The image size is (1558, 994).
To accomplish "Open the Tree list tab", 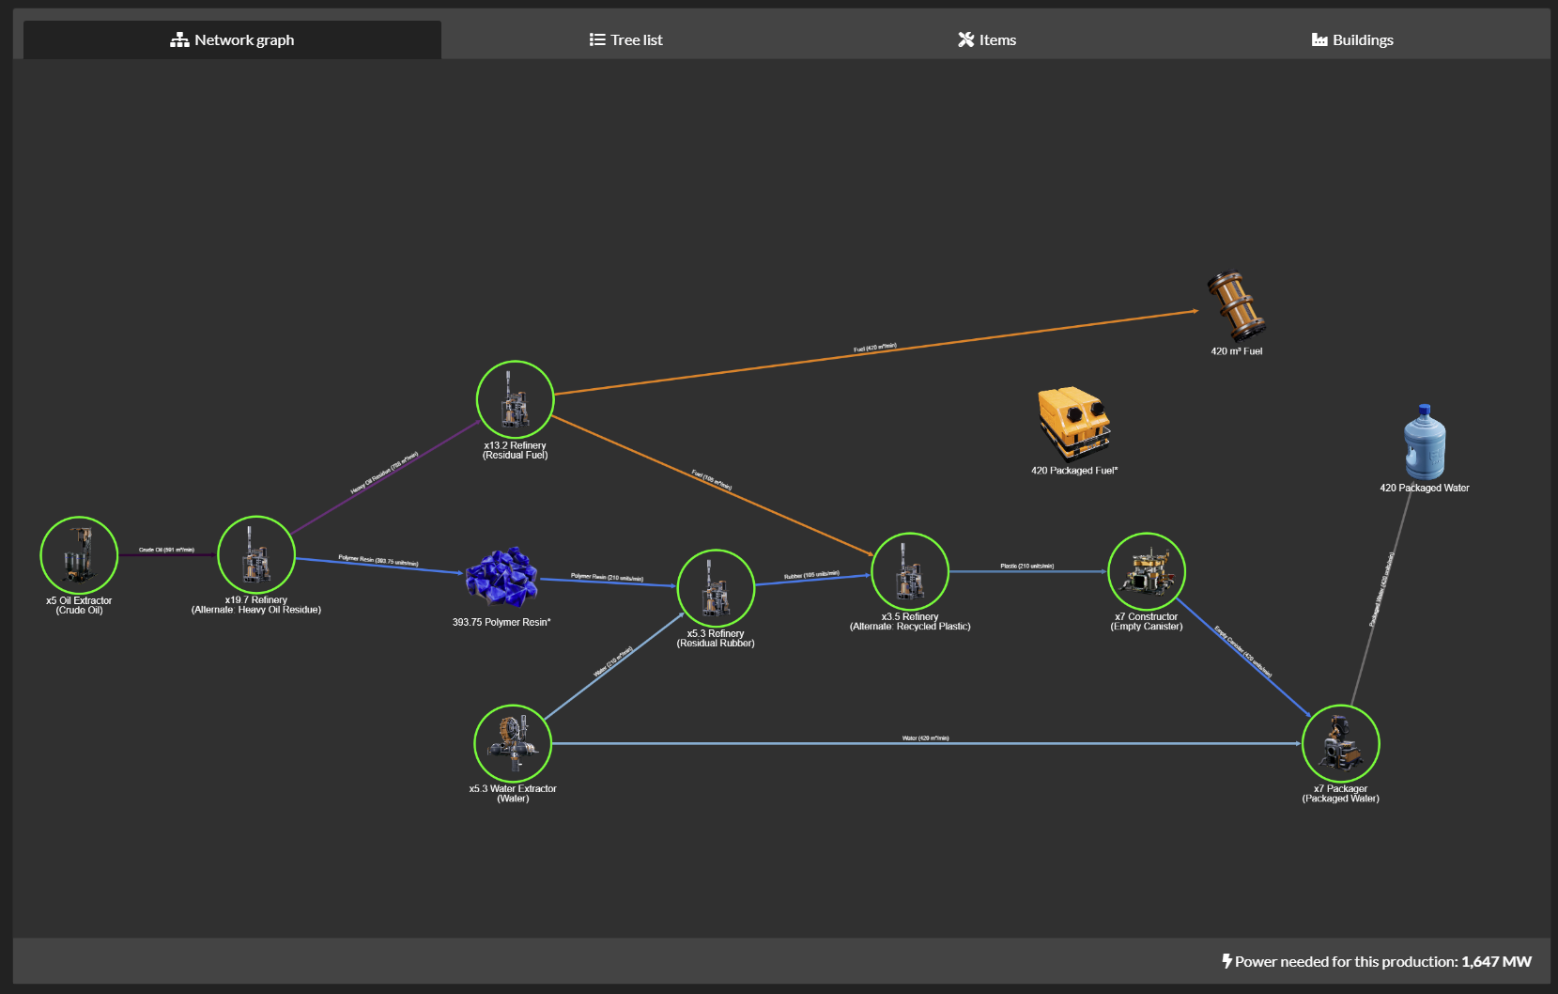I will pyautogui.click(x=625, y=39).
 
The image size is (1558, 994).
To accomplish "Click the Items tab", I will pyautogui.click(x=986, y=39).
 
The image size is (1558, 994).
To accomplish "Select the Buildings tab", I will pyautogui.click(x=1351, y=39).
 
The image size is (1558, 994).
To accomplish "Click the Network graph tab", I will pyautogui.click(x=232, y=39).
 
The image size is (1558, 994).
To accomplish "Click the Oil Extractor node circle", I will pyautogui.click(x=79, y=555).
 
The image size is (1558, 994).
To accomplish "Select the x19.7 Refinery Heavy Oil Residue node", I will pyautogui.click(x=256, y=554).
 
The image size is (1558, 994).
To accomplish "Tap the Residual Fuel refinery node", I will pyautogui.click(x=515, y=399).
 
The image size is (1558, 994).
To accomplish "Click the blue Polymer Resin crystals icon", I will pyautogui.click(x=502, y=577).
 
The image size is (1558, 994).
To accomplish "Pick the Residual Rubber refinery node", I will pyautogui.click(x=716, y=588).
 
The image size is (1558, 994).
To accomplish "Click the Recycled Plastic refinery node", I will pyautogui.click(x=910, y=571).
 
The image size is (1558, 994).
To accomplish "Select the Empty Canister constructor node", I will pyautogui.click(x=1147, y=571).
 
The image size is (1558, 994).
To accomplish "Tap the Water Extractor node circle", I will pyautogui.click(x=513, y=743).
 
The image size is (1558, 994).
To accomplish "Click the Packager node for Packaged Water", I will pyautogui.click(x=1340, y=743).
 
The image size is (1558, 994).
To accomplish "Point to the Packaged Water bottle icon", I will pyautogui.click(x=1425, y=443).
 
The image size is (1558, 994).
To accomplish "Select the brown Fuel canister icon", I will pyautogui.click(x=1236, y=306).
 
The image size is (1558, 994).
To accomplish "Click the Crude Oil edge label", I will pyautogui.click(x=166, y=550).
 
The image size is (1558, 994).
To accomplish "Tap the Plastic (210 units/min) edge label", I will pyautogui.click(x=1026, y=566).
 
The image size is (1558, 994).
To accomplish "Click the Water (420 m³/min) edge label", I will pyautogui.click(x=925, y=738).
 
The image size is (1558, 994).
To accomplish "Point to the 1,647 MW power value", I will pyautogui.click(x=1496, y=961).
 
